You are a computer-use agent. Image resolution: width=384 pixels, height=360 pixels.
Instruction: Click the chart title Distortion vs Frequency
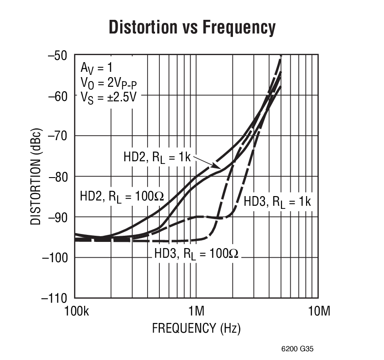[x=192, y=27]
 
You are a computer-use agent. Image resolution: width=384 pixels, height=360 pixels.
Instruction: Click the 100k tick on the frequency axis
[x=74, y=312]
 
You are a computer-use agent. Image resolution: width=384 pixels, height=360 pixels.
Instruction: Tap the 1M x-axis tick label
[x=196, y=312]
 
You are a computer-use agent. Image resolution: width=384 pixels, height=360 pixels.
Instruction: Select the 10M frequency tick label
[x=319, y=312]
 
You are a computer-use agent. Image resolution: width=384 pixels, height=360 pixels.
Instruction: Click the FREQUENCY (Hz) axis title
[x=196, y=328]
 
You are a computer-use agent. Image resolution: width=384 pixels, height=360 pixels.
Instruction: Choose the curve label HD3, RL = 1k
[x=277, y=202]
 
